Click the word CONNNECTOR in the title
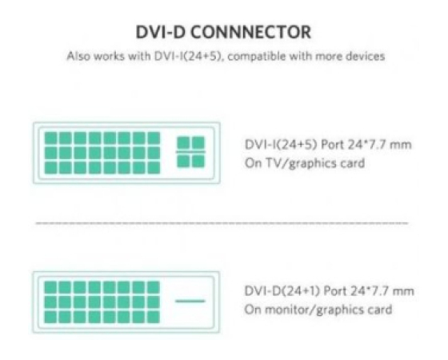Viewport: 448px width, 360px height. (250, 32)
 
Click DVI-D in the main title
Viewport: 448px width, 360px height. (160, 32)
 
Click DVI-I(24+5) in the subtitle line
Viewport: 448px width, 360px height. (188, 56)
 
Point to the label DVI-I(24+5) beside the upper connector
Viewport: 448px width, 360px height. (281, 145)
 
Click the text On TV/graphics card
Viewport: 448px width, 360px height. (305, 163)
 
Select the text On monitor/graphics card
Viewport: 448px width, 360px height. (318, 310)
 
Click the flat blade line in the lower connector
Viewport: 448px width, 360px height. (190, 301)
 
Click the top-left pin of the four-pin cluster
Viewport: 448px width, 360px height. (183, 142)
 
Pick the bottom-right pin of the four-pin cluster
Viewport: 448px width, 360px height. (198, 161)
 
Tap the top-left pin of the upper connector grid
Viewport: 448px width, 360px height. (51, 138)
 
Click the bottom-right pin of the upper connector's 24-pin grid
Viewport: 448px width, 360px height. (154, 168)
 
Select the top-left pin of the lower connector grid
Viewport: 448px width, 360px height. (50, 287)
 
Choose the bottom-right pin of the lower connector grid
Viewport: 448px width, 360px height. (154, 317)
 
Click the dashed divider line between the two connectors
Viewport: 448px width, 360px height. (222, 223)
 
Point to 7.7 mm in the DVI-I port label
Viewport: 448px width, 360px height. (388, 145)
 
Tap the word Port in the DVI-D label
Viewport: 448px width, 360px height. (334, 291)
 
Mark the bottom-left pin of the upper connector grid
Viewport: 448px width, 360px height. (51, 168)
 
